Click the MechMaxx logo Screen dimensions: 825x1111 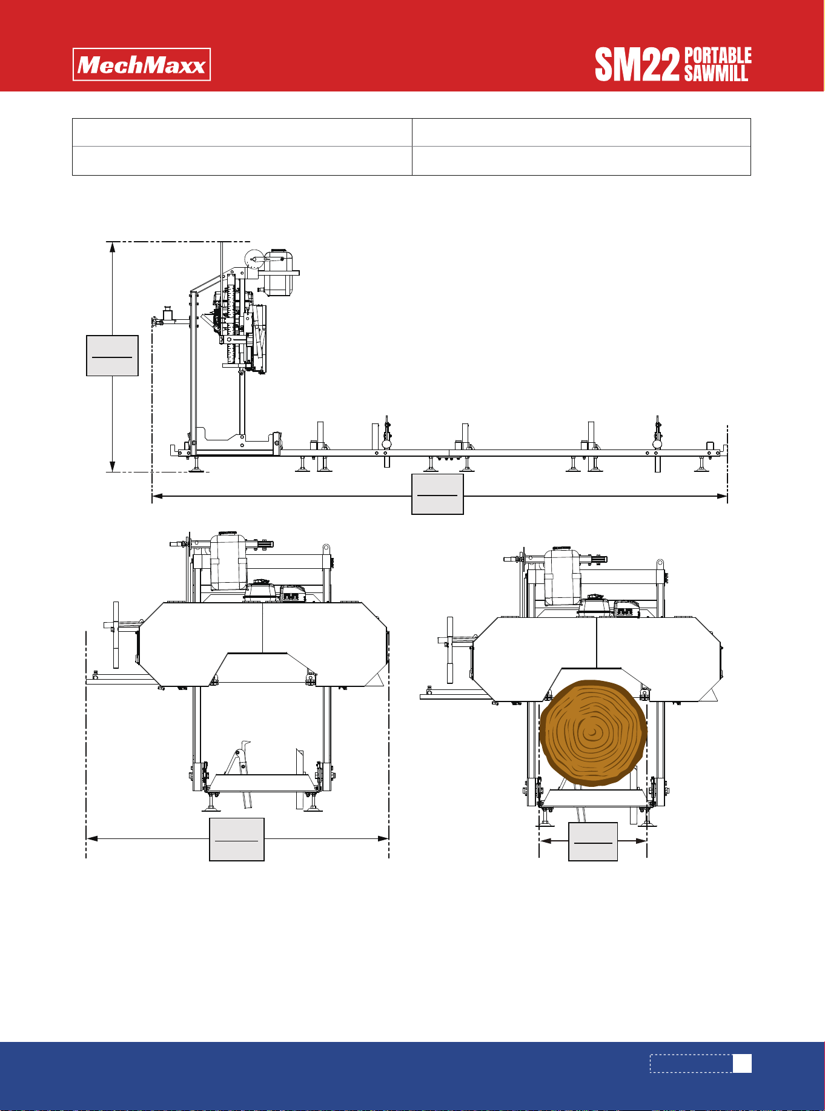142,64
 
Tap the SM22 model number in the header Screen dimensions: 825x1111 637,65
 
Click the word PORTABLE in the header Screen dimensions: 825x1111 718,56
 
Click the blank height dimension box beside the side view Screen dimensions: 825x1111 113,356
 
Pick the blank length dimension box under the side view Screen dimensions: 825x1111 437,494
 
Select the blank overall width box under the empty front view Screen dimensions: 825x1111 237,840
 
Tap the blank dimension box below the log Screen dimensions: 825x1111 593,841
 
